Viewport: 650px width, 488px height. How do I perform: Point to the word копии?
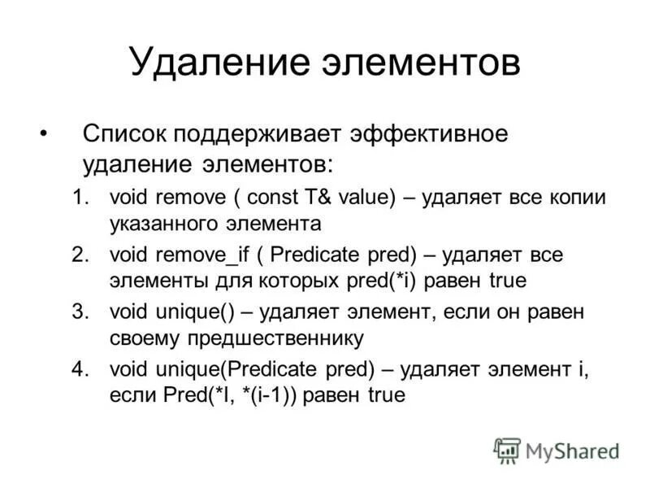[576, 198]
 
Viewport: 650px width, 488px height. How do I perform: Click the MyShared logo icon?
[507, 449]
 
